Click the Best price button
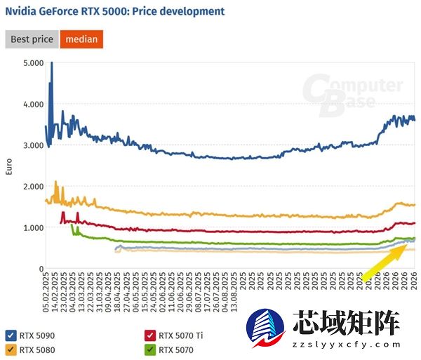point(32,39)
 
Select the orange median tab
point(81,39)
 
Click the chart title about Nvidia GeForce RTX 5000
point(115,11)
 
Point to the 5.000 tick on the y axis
point(33,63)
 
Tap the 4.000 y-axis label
point(33,105)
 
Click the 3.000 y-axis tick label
point(33,145)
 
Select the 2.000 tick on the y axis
point(33,187)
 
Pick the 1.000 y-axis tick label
point(33,227)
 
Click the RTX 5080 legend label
point(36,349)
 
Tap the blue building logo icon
point(268,328)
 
